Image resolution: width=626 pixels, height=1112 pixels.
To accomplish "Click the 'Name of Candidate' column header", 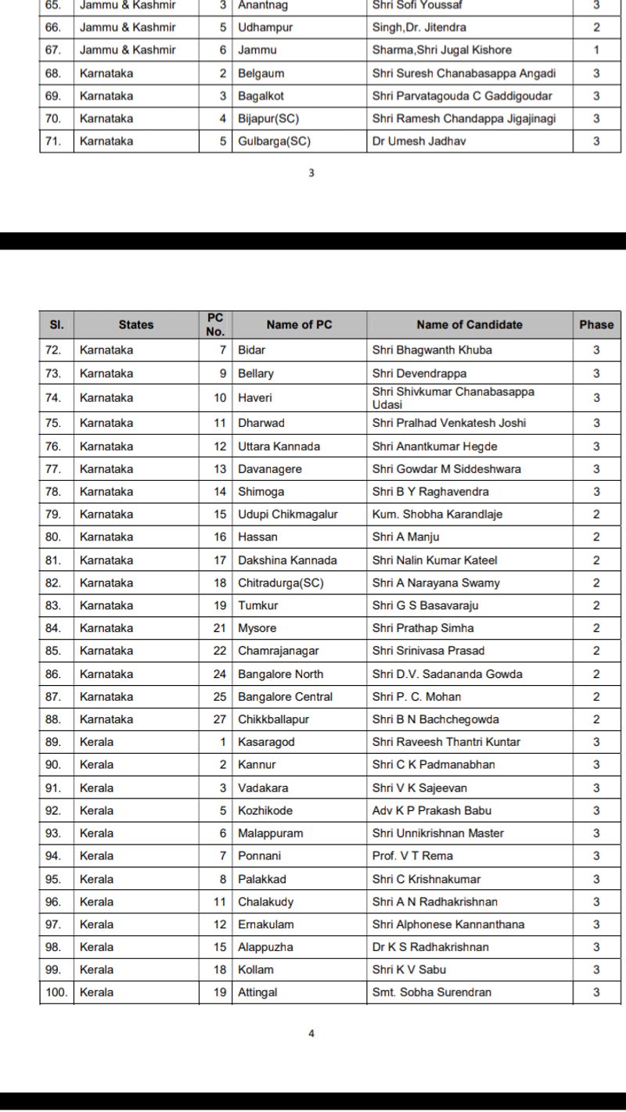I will tap(469, 325).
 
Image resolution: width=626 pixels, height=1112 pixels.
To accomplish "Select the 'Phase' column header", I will tap(596, 325).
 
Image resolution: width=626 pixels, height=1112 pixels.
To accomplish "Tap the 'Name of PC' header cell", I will tap(299, 325).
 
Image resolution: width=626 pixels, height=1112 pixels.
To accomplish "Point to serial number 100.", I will tap(56, 992).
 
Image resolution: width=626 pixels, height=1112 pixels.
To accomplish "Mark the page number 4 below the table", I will tap(311, 1034).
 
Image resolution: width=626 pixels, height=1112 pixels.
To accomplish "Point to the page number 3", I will tap(311, 174).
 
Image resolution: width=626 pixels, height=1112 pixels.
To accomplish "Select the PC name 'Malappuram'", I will tap(270, 833).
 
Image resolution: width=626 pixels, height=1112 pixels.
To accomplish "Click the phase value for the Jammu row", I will tap(596, 50).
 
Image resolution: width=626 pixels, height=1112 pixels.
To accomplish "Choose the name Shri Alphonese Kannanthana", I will tap(448, 924).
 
